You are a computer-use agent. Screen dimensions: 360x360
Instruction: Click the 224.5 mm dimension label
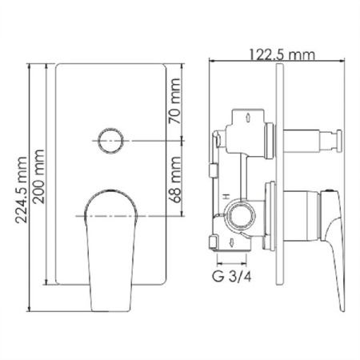point(22,190)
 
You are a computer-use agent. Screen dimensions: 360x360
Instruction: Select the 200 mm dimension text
point(38,177)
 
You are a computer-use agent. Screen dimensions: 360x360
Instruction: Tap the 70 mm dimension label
point(174,101)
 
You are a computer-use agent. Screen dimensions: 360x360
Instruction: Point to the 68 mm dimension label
point(174,179)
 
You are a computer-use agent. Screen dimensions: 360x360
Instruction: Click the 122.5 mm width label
point(282,54)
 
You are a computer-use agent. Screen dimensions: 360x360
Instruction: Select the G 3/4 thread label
point(232,277)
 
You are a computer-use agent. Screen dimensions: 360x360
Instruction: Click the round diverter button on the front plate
point(110,141)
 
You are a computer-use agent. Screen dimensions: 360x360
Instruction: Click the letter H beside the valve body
point(226,197)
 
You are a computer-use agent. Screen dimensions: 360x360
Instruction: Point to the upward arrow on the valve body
point(248,118)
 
